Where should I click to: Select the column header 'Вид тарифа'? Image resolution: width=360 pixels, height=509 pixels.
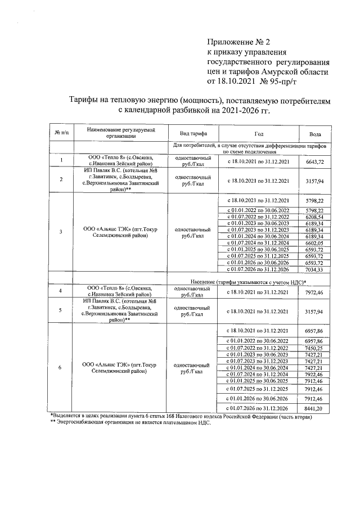(193, 134)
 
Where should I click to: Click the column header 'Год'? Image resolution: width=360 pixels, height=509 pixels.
(258, 134)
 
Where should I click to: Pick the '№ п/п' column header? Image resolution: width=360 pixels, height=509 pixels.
(61, 133)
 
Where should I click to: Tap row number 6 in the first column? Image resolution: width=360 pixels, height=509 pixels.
(61, 368)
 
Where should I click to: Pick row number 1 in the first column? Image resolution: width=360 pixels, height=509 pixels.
(61, 161)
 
